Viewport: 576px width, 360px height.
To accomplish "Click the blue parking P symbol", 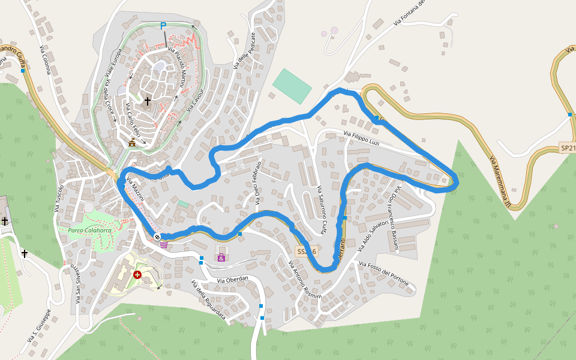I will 163,26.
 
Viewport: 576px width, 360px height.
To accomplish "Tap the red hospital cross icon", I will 138,275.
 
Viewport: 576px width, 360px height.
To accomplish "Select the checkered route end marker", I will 157,237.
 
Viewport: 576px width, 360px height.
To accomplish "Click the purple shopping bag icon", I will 221,257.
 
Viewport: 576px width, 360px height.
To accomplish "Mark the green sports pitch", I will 292,86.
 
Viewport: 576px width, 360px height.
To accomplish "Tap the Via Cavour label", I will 195,100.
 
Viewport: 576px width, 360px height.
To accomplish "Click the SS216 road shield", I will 307,251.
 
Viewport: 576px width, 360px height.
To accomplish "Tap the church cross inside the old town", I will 148,101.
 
